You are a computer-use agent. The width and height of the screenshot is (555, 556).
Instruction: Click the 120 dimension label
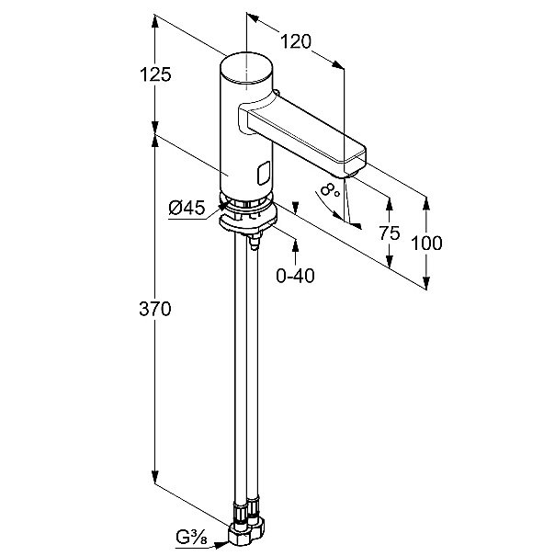point(296,41)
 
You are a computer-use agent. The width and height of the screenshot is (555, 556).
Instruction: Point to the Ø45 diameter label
point(187,209)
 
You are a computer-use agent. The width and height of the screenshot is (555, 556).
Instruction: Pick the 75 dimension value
point(391,233)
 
